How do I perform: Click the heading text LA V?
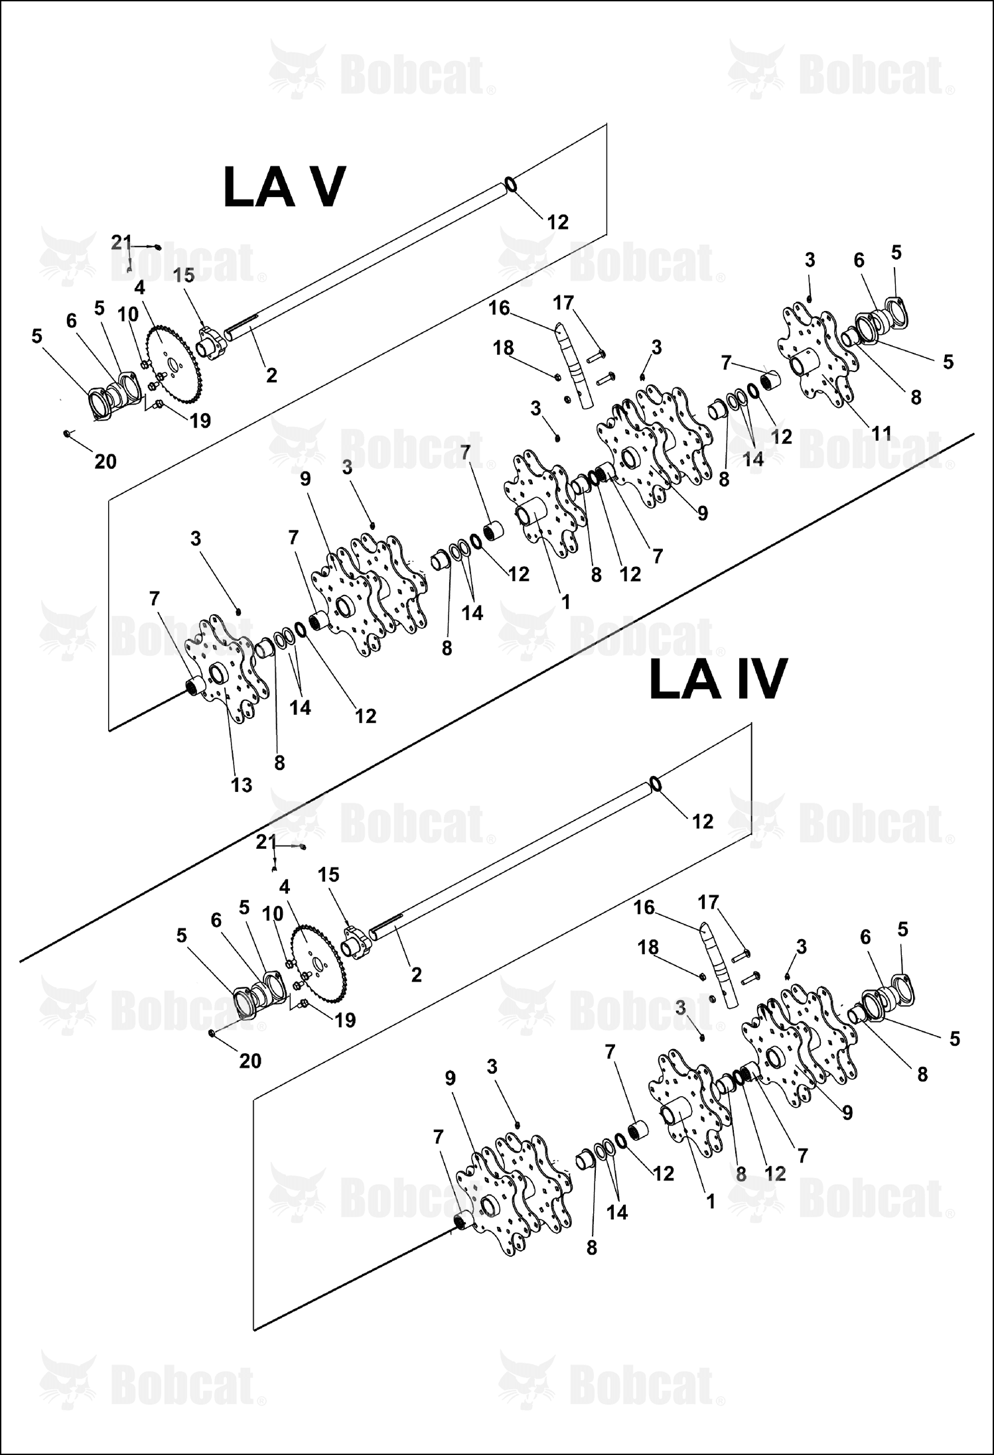pyautogui.click(x=284, y=187)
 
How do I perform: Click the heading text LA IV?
pyautogui.click(x=718, y=678)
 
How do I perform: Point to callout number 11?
pyautogui.click(x=881, y=434)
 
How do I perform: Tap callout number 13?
pyautogui.click(x=242, y=785)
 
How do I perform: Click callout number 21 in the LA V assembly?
pyautogui.click(x=121, y=243)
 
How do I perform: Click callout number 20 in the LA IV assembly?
pyautogui.click(x=249, y=1061)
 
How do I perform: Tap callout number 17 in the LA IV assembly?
pyautogui.click(x=709, y=902)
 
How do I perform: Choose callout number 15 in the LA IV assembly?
pyautogui.click(x=328, y=875)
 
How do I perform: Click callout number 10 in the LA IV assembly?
pyautogui.click(x=272, y=913)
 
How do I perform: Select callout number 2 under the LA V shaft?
pyautogui.click(x=271, y=375)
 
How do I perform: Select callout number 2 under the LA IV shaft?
pyautogui.click(x=416, y=974)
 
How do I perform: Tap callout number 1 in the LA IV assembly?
pyautogui.click(x=711, y=1201)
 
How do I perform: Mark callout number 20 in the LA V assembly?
pyautogui.click(x=105, y=461)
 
